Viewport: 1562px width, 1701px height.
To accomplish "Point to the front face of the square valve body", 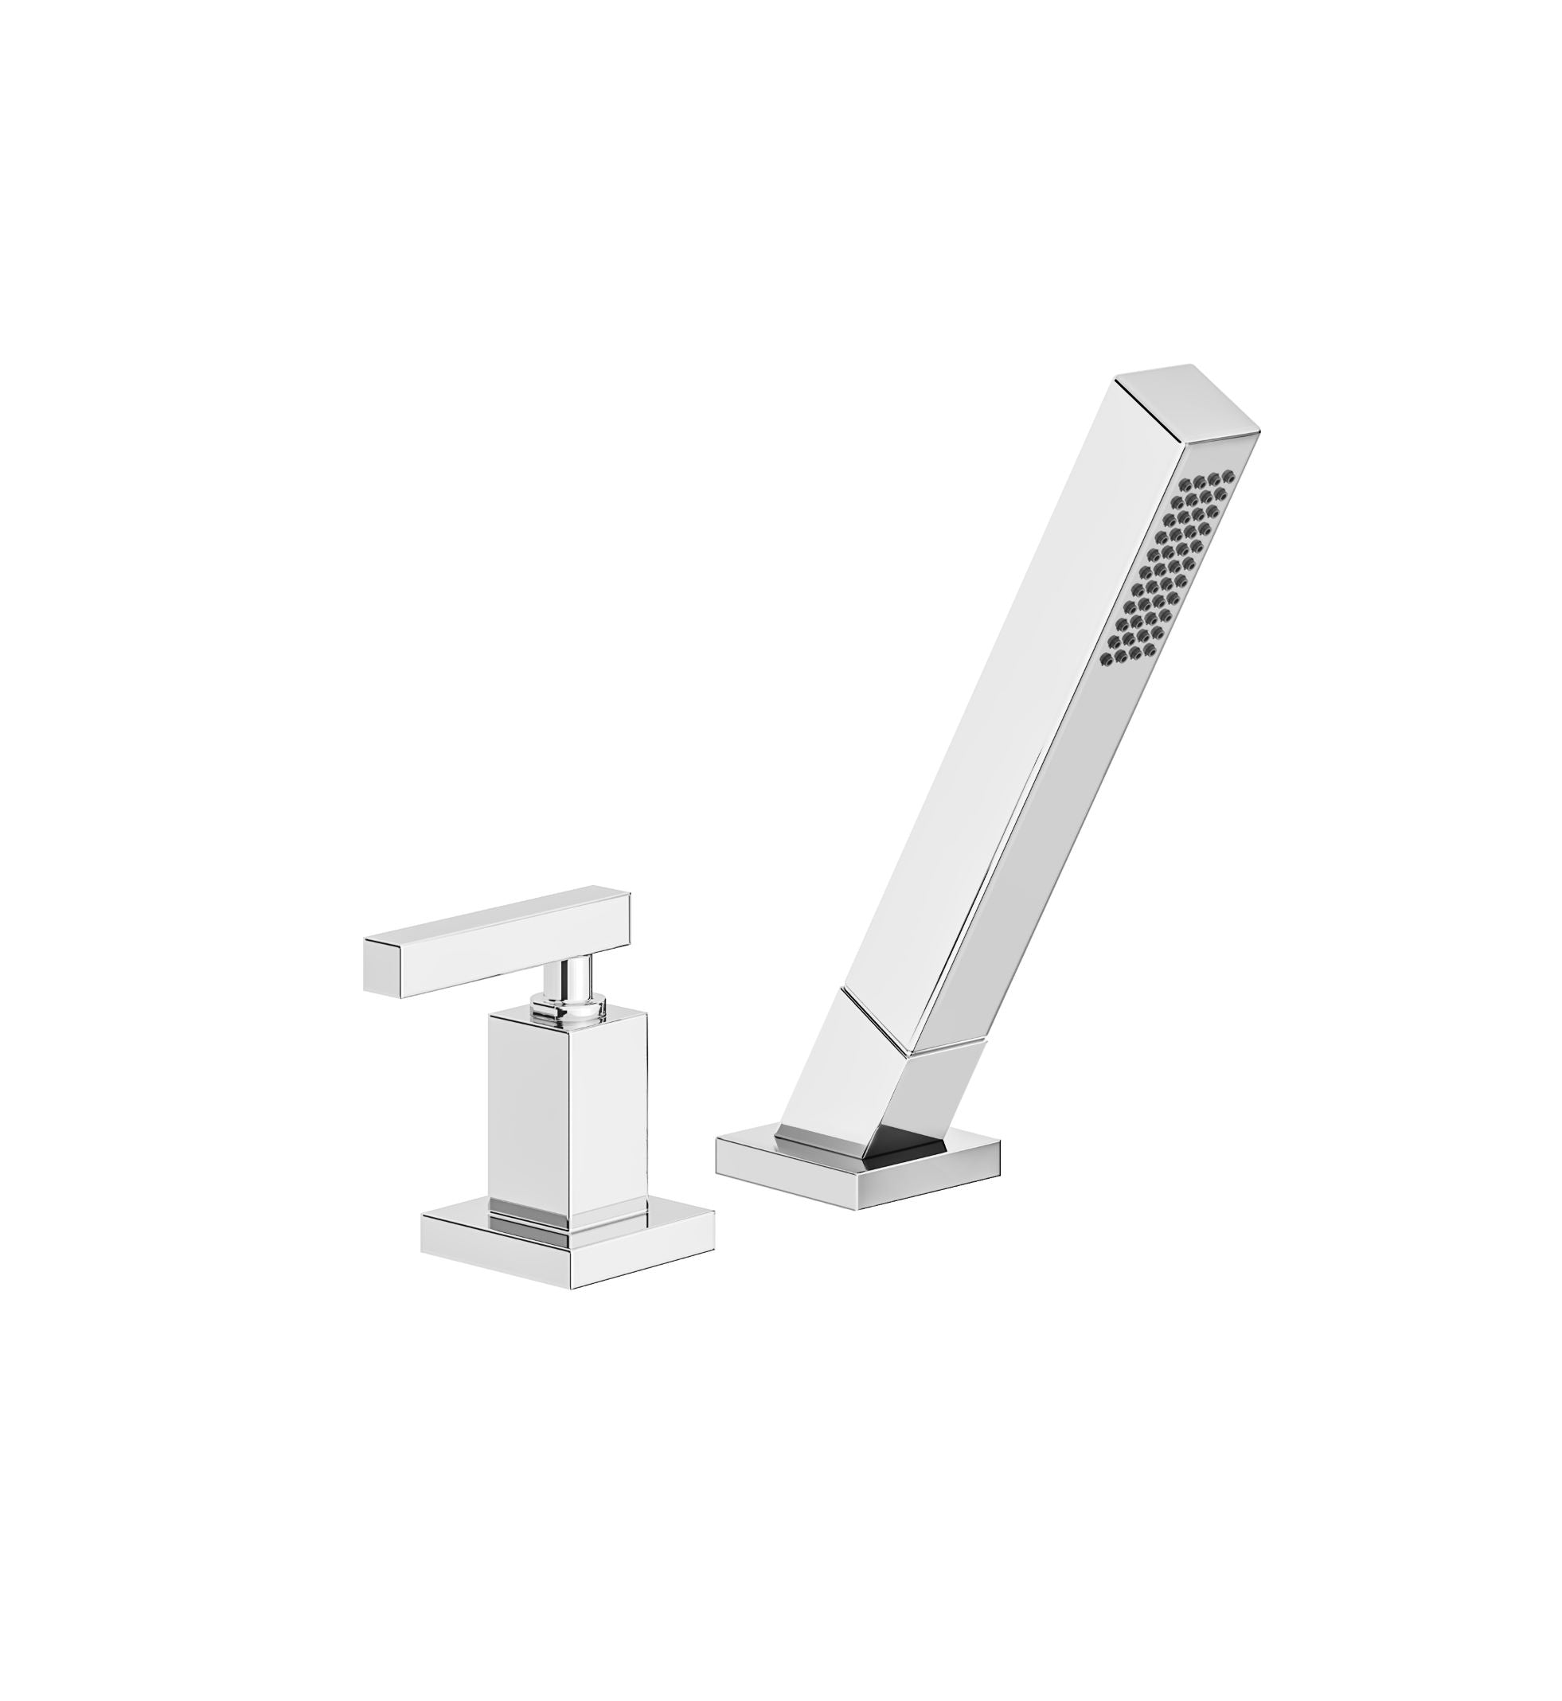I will (x=529, y=1115).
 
